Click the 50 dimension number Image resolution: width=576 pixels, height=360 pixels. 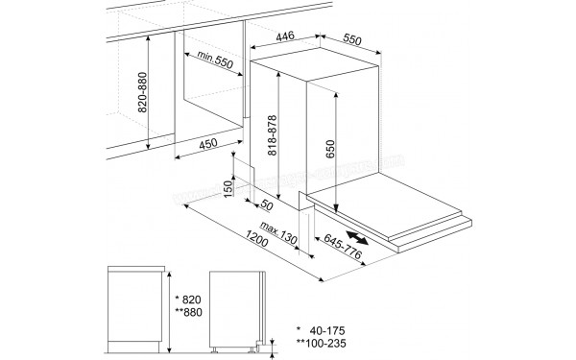[268, 204]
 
